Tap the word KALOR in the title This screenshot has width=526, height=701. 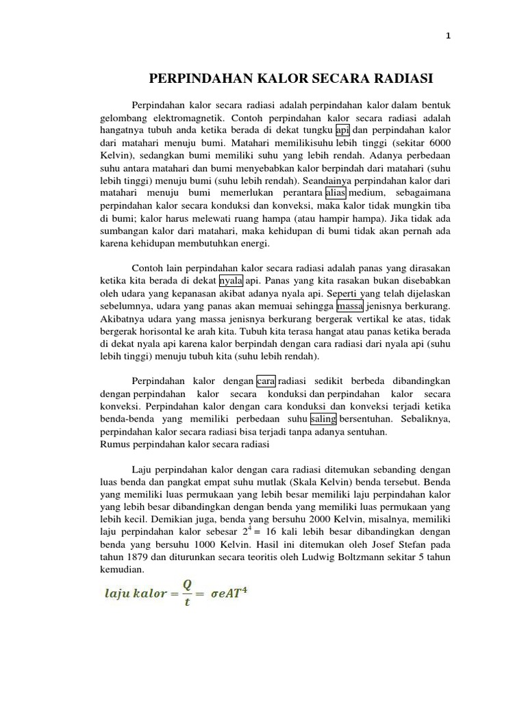(255, 79)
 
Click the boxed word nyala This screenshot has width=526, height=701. (231, 281)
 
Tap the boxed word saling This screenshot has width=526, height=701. (323, 419)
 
